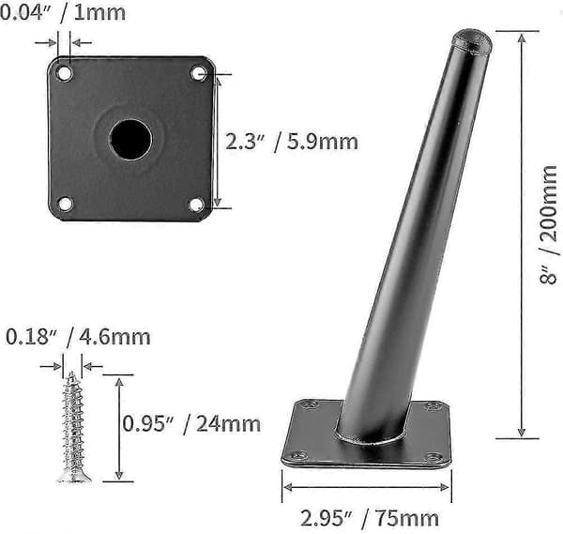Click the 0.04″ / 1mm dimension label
(x=63, y=13)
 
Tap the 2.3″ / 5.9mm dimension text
(x=292, y=142)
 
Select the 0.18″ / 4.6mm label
(x=78, y=337)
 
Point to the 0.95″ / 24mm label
(x=191, y=424)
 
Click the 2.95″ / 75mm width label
(x=370, y=519)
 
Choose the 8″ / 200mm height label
(x=549, y=225)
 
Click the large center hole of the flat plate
(x=130, y=139)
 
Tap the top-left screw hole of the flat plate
(x=64, y=73)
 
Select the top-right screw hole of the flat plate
(x=198, y=73)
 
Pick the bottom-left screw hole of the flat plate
(x=65, y=204)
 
